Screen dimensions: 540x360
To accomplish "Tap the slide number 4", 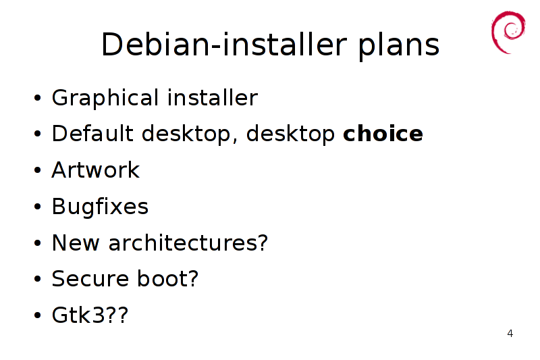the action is pos(510,334).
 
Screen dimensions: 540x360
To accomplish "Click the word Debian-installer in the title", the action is pos(224,45).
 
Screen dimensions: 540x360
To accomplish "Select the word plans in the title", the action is pos(399,45).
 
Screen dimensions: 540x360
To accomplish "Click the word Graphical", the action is pos(105,98).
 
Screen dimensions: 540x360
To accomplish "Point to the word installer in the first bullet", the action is pos(213,97).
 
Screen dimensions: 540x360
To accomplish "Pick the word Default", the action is pos(92,133).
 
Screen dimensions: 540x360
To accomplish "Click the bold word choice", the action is pos(383,133).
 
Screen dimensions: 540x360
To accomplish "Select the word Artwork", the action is pos(96,170).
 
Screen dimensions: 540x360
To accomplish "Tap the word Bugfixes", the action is pos(100,207).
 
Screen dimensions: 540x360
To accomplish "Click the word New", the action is pos(76,243).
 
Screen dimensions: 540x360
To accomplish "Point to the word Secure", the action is pos(90,279).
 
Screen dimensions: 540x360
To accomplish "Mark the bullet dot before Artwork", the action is pos(38,170).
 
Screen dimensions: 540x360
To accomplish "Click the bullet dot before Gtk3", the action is pos(38,315).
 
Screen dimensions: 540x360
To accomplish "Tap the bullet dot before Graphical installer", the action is pos(38,98).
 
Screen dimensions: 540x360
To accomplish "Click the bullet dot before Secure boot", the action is pos(38,279).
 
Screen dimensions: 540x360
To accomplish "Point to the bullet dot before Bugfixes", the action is pos(38,207).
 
